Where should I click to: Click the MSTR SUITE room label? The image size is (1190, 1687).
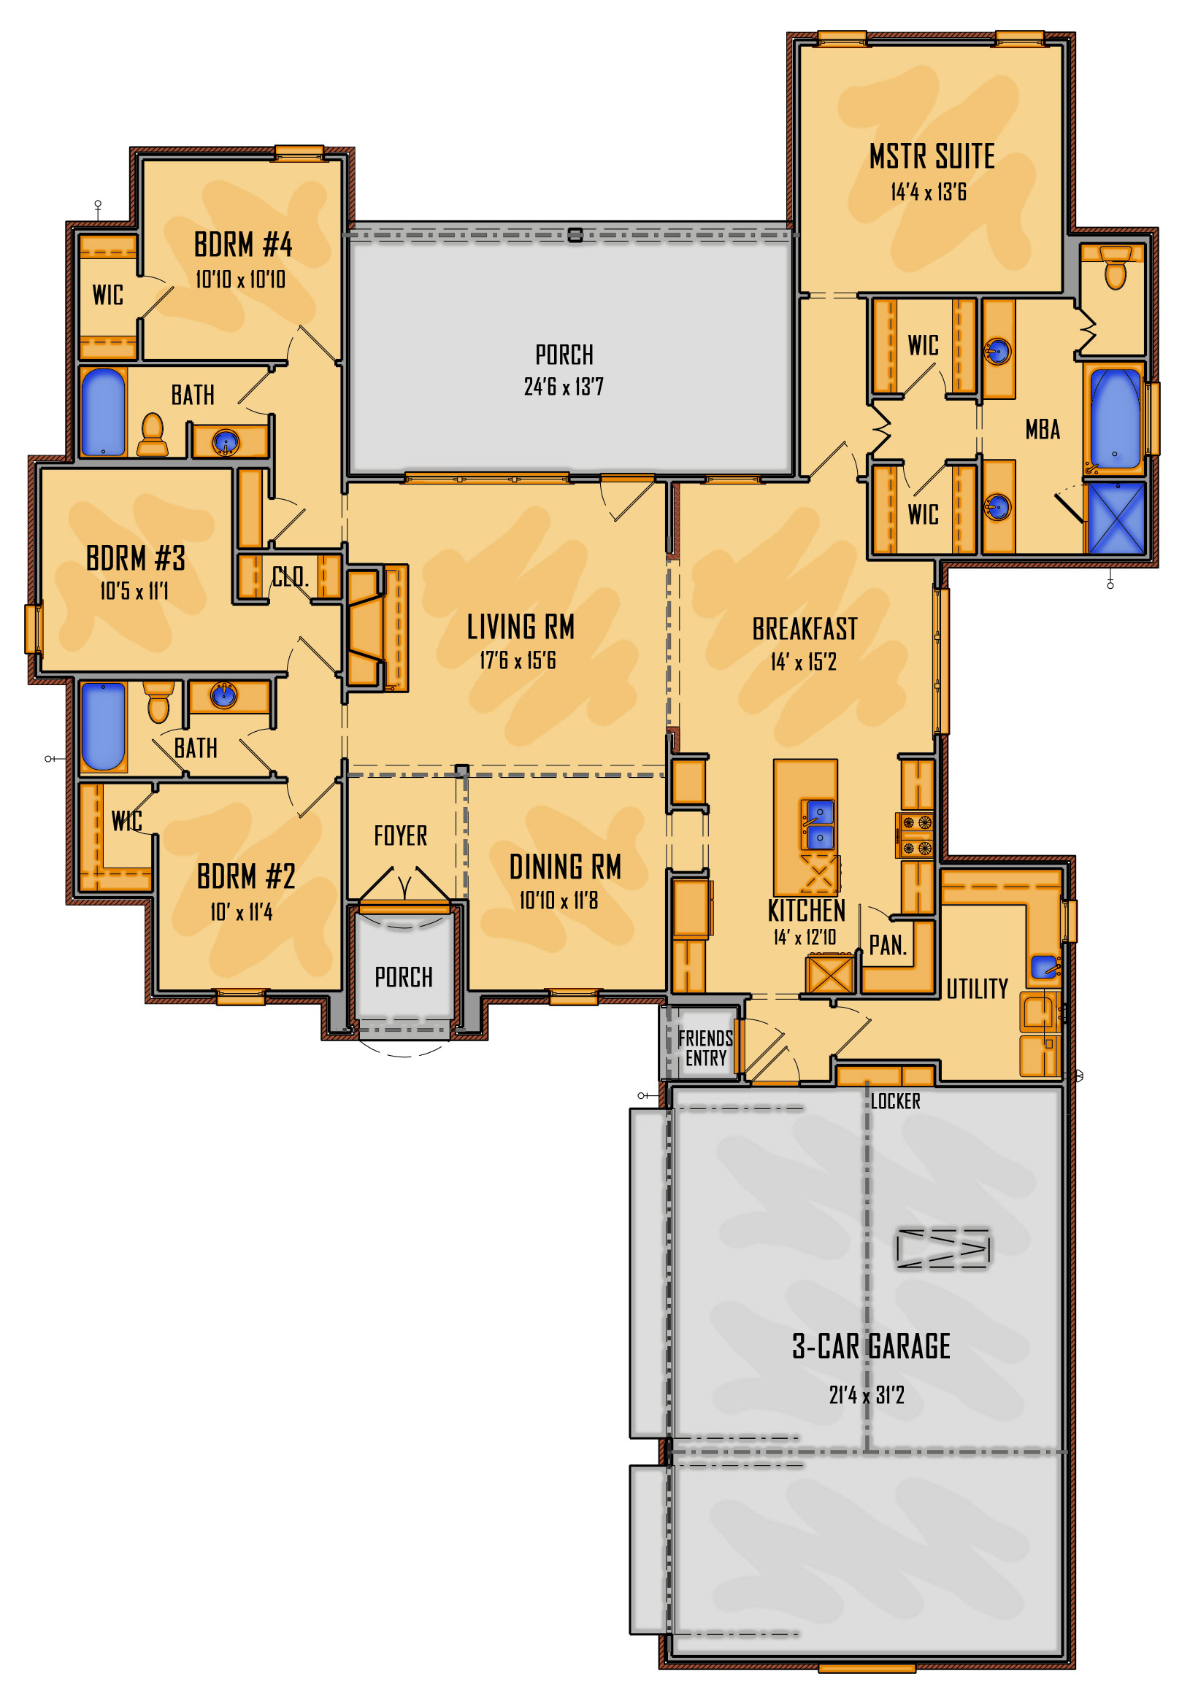coord(932,156)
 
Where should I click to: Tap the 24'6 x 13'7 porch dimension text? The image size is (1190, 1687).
coord(564,387)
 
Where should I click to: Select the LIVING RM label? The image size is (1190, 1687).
coord(521,628)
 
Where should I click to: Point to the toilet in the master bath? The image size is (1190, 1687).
coord(1115,268)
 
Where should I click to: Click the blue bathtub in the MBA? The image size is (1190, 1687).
coord(1114,419)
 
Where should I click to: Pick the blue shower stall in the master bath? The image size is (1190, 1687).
coord(1115,517)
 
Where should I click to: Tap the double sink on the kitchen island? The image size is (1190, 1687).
coord(818,825)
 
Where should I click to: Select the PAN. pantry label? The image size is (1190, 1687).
coord(887,946)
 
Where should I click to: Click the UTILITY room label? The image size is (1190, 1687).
coord(977,989)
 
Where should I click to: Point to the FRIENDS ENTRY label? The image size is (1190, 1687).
coord(706,1049)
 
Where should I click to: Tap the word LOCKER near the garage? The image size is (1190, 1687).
coord(895,1101)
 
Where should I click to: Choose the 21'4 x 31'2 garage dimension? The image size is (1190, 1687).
coord(867,1394)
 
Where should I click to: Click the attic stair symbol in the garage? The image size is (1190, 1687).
coord(943,1248)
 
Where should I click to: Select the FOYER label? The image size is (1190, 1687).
coord(400,835)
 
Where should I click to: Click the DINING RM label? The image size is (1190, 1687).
coord(565,867)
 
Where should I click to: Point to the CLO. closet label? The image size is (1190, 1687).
coord(291,576)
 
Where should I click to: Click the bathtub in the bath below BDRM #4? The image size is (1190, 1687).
coord(103,412)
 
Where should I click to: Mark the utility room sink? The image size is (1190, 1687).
coord(1045,967)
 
